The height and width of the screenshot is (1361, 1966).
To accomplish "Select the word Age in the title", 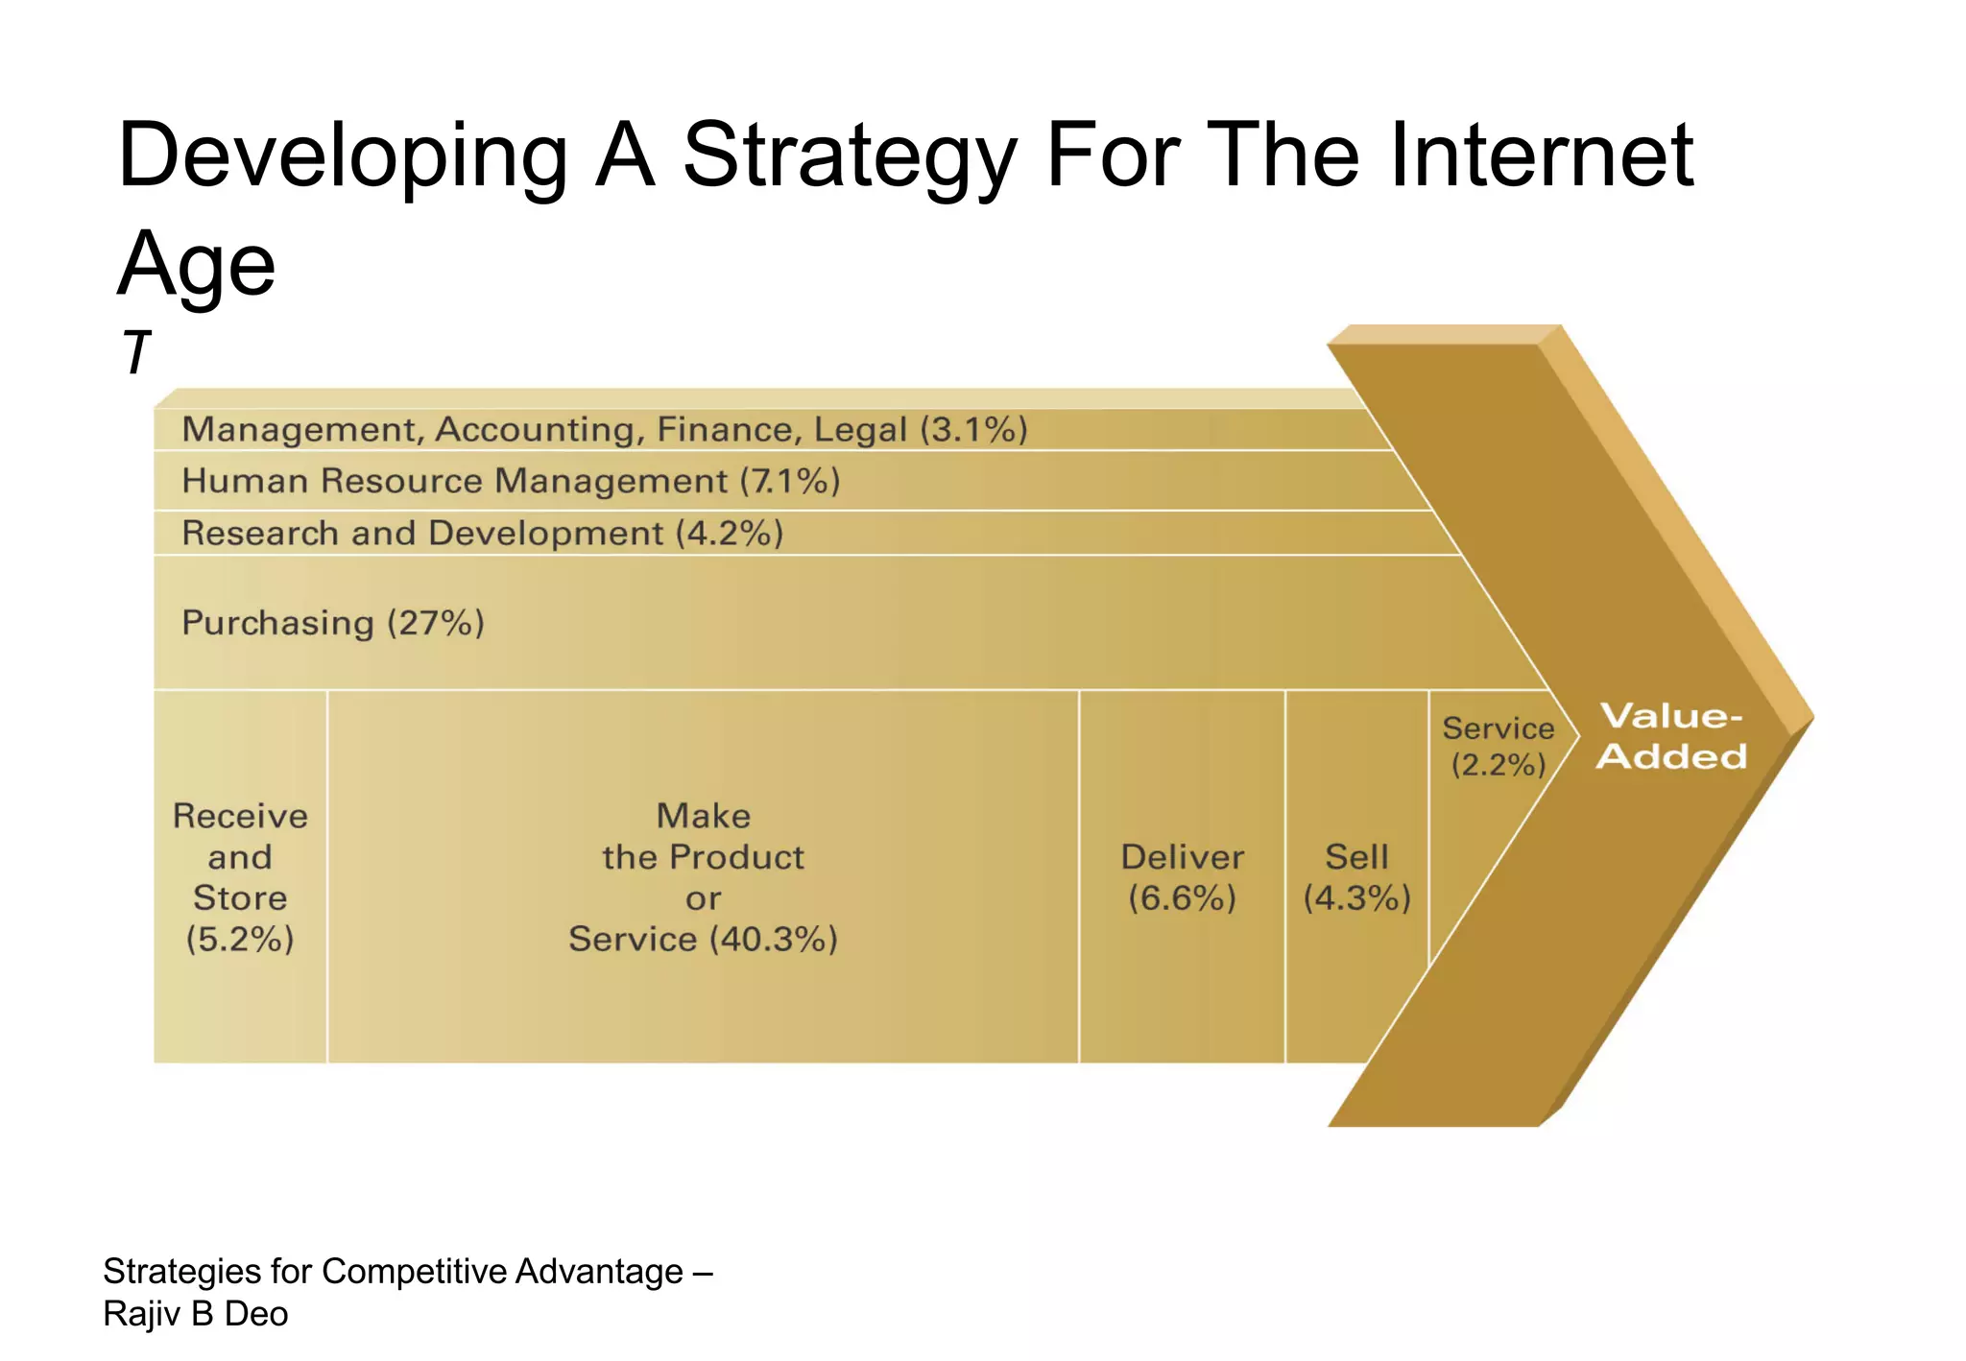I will [197, 266].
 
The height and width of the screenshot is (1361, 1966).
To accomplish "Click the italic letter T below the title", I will [136, 353].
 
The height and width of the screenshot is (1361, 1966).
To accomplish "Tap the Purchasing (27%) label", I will [333, 623].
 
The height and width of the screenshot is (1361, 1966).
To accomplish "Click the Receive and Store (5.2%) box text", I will [240, 876].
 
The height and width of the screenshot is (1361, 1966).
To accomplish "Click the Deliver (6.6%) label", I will [1182, 876].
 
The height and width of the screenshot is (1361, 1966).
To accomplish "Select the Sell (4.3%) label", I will [1356, 876].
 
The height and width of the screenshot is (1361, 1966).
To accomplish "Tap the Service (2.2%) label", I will [1498, 746].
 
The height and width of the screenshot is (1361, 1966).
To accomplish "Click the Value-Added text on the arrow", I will [1671, 736].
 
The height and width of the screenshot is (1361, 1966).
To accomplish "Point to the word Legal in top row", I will [860, 429].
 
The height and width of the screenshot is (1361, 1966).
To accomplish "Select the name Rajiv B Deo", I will [196, 1314].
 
